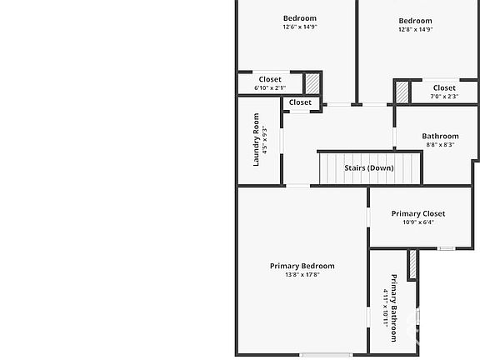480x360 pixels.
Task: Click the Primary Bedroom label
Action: pyautogui.click(x=302, y=266)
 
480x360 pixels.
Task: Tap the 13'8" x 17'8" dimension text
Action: pyautogui.click(x=302, y=275)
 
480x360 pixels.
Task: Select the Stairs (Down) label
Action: pyautogui.click(x=369, y=167)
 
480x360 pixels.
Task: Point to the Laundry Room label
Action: pyautogui.click(x=256, y=140)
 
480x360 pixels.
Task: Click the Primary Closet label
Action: pyautogui.click(x=418, y=213)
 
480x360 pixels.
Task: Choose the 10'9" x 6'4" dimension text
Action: pyautogui.click(x=418, y=222)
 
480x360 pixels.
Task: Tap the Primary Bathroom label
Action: pyautogui.click(x=394, y=308)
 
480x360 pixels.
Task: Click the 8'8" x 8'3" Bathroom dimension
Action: pyautogui.click(x=440, y=144)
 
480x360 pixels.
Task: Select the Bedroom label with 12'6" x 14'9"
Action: pyautogui.click(x=300, y=18)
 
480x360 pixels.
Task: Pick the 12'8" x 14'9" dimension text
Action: pyautogui.click(x=415, y=29)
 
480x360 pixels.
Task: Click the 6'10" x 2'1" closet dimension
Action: pyautogui.click(x=270, y=87)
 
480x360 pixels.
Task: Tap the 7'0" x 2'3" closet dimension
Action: pyautogui.click(x=444, y=97)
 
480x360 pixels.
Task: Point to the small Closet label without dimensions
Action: pyautogui.click(x=300, y=102)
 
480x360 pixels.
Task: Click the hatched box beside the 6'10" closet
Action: pyautogui.click(x=312, y=83)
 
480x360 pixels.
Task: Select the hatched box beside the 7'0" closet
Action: pyautogui.click(x=402, y=92)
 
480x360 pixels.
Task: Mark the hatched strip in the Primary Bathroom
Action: pyautogui.click(x=412, y=264)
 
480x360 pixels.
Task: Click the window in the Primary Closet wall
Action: pyautogui.click(x=446, y=248)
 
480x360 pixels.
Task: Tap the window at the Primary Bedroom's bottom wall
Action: pyautogui.click(x=326, y=355)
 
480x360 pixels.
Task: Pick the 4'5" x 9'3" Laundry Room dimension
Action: pyautogui.click(x=265, y=140)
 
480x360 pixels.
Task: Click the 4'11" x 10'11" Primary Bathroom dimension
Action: pyautogui.click(x=386, y=308)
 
